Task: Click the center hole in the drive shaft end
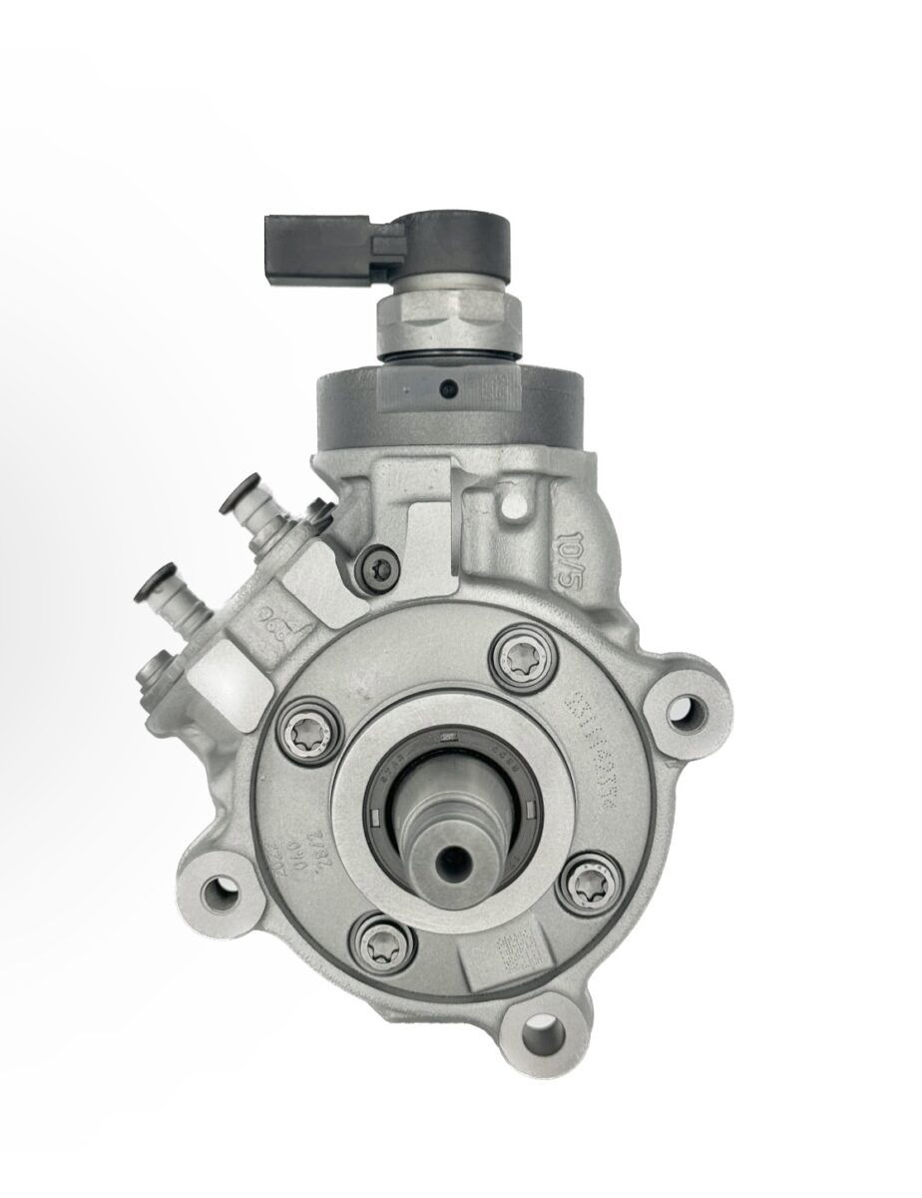pyautogui.click(x=458, y=859)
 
